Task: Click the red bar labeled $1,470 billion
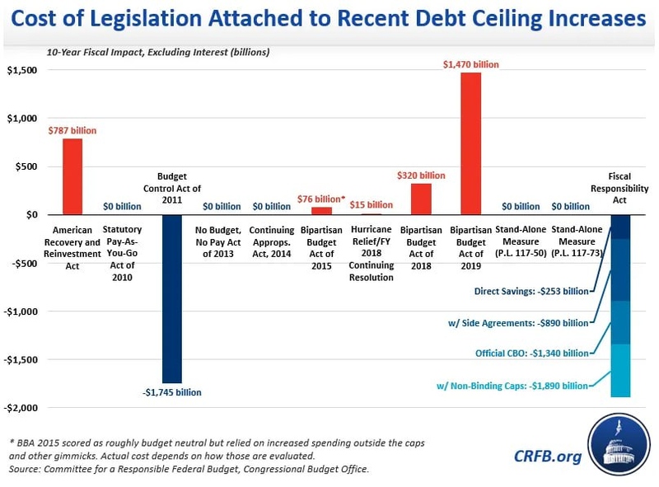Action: [x=470, y=143]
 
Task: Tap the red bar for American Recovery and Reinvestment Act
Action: [x=72, y=176]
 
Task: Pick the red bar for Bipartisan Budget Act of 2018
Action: [x=421, y=199]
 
